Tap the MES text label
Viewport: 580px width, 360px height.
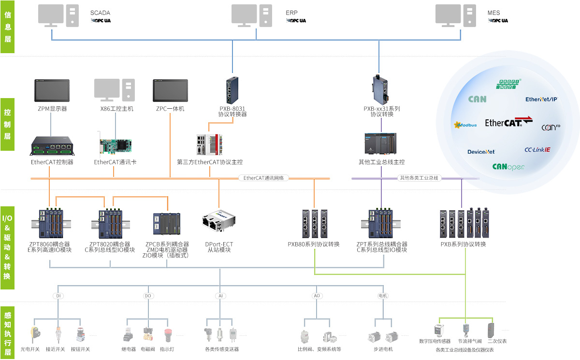point(493,12)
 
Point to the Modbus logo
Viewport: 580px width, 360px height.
point(465,125)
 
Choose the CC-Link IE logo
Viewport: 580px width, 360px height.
point(537,149)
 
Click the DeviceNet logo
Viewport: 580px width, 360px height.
point(481,152)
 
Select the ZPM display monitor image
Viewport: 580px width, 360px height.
point(52,91)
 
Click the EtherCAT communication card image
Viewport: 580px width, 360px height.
point(115,147)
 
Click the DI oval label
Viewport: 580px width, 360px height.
point(58,295)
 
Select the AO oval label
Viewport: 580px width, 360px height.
point(317,295)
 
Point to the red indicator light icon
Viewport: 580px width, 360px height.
point(168,334)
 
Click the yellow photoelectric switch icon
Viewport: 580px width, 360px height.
point(34,333)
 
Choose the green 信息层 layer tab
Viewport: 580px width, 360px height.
point(8,27)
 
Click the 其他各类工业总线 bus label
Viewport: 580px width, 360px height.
point(418,178)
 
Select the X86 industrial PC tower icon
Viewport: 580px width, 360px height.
point(128,90)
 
